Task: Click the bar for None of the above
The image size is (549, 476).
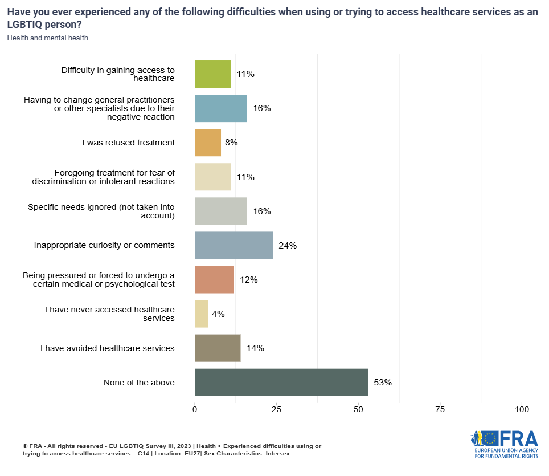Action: [281, 383]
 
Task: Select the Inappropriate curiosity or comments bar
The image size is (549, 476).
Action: [234, 246]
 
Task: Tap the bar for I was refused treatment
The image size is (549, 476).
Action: [208, 143]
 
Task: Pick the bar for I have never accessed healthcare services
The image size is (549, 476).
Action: [201, 314]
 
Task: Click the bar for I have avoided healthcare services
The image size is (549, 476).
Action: [218, 348]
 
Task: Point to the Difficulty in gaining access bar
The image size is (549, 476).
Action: [212, 74]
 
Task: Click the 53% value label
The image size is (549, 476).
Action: [383, 383]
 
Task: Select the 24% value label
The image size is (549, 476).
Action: [288, 246]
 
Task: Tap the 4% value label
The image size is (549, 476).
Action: [218, 314]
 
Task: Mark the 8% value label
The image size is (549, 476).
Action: [231, 143]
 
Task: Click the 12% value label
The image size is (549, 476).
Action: [248, 280]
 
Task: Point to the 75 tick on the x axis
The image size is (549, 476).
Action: [440, 409]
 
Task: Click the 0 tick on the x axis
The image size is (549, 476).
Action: [195, 409]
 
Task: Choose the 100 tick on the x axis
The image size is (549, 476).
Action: [522, 409]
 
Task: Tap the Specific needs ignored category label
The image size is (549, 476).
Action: [101, 211]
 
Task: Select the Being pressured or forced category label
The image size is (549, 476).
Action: [99, 280]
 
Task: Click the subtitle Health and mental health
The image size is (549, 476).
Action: [48, 38]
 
